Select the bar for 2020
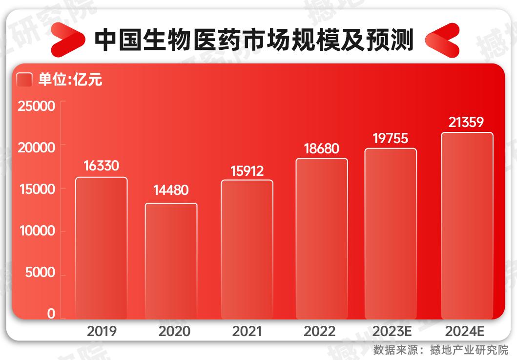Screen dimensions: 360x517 (171, 261)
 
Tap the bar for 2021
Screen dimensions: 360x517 (247, 249)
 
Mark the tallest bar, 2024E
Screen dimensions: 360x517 (467, 225)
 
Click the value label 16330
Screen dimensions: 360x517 (101, 166)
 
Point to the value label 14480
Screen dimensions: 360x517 (170, 191)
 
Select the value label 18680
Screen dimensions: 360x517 (321, 148)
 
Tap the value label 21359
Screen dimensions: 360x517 (466, 123)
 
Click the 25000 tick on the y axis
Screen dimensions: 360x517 (37, 106)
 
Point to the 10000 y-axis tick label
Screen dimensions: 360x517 (37, 231)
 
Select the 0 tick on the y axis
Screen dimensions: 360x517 (51, 314)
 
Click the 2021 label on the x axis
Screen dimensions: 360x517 (247, 332)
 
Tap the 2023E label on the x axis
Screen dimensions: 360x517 (392, 332)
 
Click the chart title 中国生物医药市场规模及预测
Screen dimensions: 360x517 (253, 41)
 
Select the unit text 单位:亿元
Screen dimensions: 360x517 (70, 80)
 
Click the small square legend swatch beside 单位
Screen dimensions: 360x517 (24, 80)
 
